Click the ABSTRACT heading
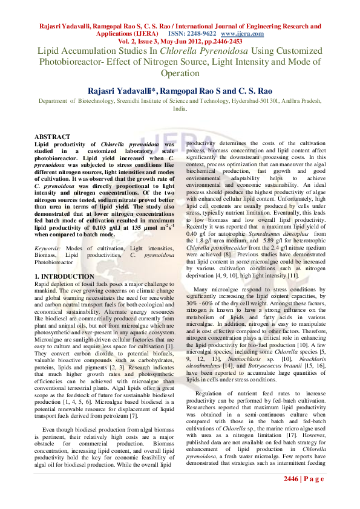coord(52,137)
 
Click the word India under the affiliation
coord(179,109)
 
